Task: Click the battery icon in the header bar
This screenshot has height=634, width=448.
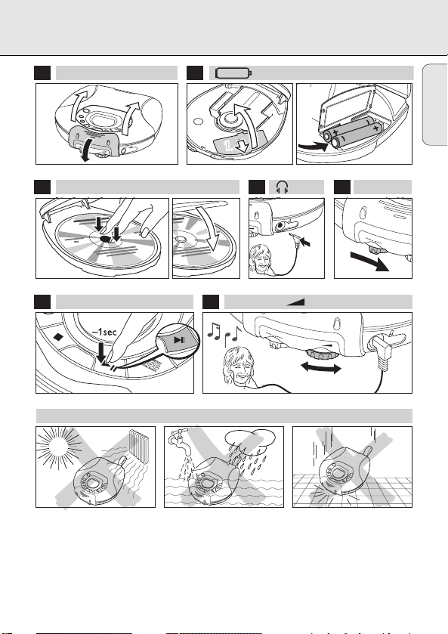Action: point(233,73)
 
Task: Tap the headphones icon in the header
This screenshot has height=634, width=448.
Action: point(283,187)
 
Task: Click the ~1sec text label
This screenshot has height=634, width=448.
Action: point(104,332)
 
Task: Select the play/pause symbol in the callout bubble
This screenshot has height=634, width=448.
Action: point(180,339)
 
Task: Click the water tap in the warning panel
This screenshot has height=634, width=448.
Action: point(180,441)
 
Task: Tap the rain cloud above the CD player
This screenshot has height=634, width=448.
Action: point(250,440)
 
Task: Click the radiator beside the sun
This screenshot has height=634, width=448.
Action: point(141,447)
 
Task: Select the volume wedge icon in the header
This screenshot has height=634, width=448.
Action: point(295,302)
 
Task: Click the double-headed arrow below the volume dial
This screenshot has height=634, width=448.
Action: point(321,367)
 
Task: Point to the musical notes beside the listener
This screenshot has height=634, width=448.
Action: point(224,334)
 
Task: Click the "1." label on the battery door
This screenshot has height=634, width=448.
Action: point(228,146)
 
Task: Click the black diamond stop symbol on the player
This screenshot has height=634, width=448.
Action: point(59,336)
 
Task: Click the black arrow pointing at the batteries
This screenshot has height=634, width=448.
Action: point(313,146)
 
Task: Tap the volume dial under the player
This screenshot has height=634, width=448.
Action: point(322,354)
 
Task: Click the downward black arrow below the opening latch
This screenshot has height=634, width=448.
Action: point(85,152)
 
